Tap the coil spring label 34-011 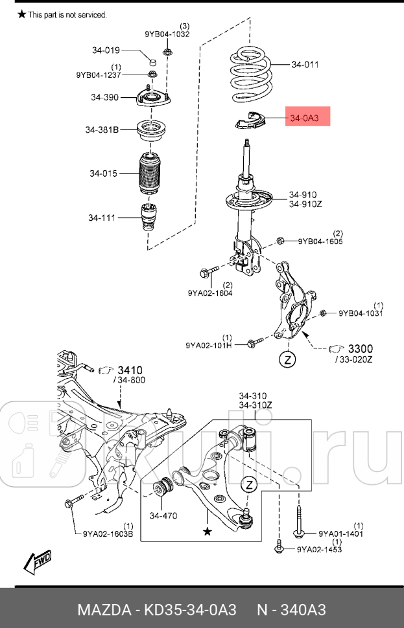305,64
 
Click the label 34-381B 102,130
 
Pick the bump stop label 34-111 102,218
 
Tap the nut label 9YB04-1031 361,313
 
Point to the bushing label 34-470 163,516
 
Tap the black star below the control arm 207,532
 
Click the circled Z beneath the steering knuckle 287,359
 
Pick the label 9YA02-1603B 108,533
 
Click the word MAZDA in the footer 104,611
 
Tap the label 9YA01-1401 340,534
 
